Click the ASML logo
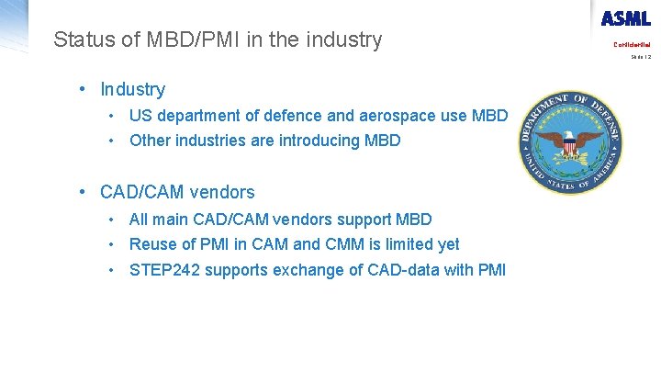pos(626,18)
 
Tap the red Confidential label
pos(632,44)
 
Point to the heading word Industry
pos(133,89)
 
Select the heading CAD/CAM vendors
pos(177,192)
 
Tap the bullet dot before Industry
pos(83,89)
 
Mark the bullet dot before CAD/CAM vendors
pos(83,192)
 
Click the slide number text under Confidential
pos(641,57)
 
